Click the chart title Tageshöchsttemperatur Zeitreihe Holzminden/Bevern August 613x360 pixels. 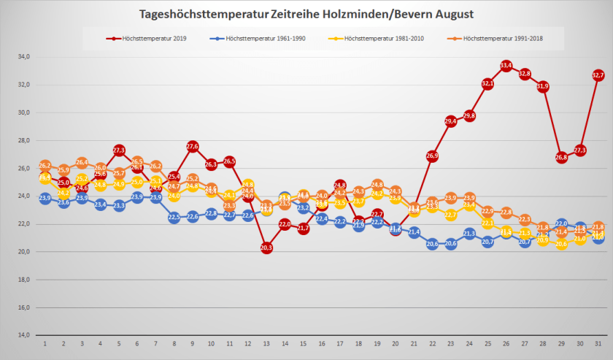pyautogui.click(x=306, y=15)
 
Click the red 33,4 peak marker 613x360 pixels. pyautogui.click(x=506, y=66)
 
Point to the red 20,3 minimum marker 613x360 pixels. pyautogui.click(x=266, y=248)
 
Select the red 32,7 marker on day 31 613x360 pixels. pyautogui.click(x=598, y=75)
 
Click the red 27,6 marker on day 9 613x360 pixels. pyautogui.click(x=193, y=146)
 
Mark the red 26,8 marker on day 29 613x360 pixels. pyautogui.click(x=561, y=157)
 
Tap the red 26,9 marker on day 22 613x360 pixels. pyautogui.click(x=432, y=156)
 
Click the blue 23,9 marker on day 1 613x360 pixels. pyautogui.click(x=45, y=198)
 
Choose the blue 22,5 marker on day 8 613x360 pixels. pyautogui.click(x=174, y=217)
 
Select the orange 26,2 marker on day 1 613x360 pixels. pyautogui.click(x=45, y=166)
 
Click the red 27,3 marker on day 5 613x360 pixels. pyautogui.click(x=119, y=150)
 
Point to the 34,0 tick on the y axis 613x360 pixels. pyautogui.click(x=23, y=57)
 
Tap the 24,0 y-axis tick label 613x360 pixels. pyautogui.click(x=23, y=196)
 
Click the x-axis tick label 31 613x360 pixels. pyautogui.click(x=598, y=343)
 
